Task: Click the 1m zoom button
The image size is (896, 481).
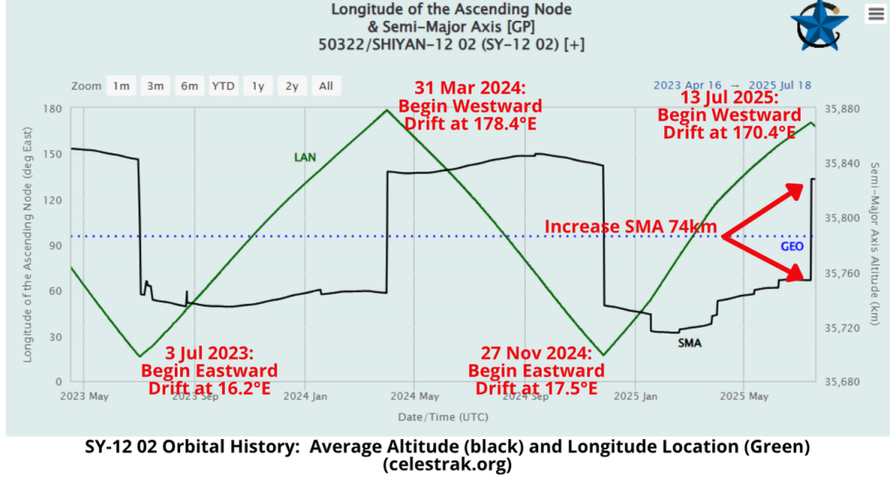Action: click(x=121, y=86)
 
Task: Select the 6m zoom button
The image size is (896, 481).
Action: click(x=189, y=86)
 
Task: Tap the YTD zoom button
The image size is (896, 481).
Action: click(x=223, y=86)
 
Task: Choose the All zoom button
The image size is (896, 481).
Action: click(x=325, y=86)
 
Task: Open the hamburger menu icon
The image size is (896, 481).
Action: click(x=875, y=14)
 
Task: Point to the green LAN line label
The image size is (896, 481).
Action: click(x=304, y=157)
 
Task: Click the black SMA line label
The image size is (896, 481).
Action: click(x=689, y=343)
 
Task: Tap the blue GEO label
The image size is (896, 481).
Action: click(x=792, y=247)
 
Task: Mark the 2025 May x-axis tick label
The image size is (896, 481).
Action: click(x=744, y=395)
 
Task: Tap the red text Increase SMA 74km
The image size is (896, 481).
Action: click(x=630, y=227)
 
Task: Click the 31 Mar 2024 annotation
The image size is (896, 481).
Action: click(x=469, y=88)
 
